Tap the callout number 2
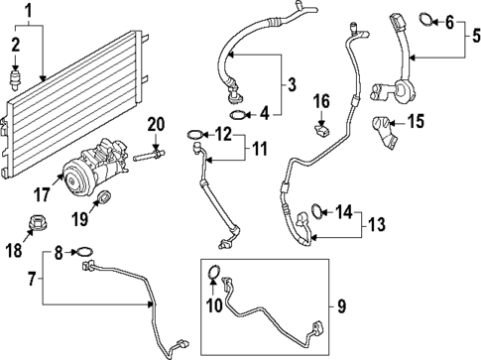point(15,44)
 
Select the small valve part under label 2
point(15,77)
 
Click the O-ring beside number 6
point(427,18)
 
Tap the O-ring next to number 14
point(315,209)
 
